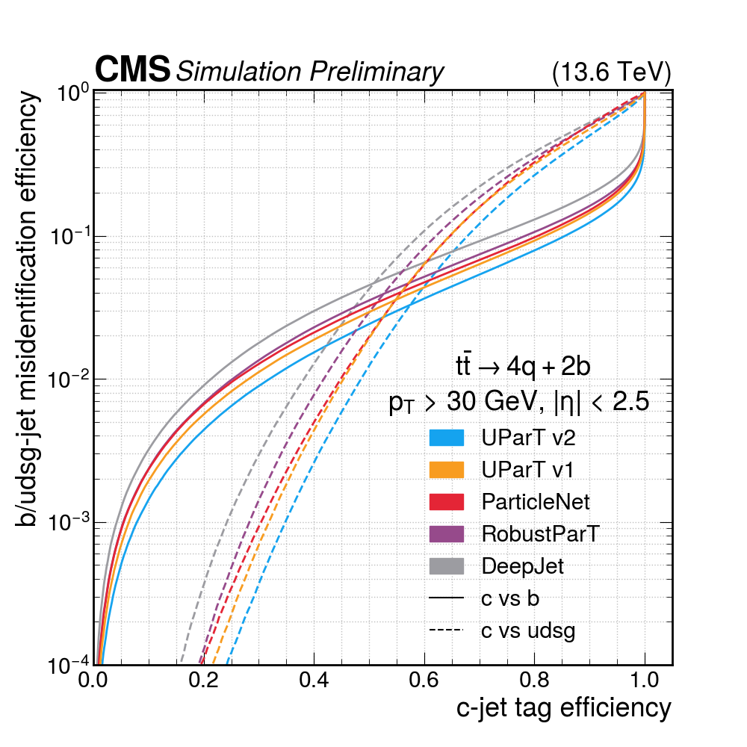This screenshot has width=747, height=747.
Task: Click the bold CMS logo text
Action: (x=132, y=70)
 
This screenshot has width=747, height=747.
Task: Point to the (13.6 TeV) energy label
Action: (x=611, y=72)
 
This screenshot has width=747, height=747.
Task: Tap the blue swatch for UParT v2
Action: (x=447, y=438)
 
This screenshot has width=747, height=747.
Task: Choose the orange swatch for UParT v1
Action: (x=447, y=470)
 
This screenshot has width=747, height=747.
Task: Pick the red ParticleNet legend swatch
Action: (x=447, y=502)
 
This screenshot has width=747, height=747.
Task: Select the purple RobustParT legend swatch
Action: (x=447, y=534)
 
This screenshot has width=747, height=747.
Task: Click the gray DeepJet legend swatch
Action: (x=447, y=566)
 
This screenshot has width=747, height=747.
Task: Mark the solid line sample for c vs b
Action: (x=447, y=598)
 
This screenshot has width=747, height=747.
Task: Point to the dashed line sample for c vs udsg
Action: (x=447, y=630)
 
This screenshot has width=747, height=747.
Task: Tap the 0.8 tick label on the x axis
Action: (x=534, y=681)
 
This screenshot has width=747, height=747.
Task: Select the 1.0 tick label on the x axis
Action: (x=644, y=681)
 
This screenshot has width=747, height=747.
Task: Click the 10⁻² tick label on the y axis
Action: (x=68, y=379)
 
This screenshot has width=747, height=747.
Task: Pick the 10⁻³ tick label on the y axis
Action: (x=68, y=522)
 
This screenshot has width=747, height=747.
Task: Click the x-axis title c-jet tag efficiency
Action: (x=563, y=707)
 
